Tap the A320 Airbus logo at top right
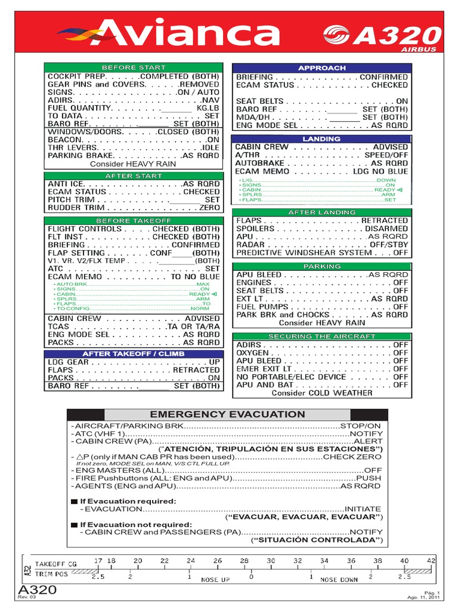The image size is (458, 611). pyautogui.click(x=382, y=37)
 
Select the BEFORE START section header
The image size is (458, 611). pyautogui.click(x=133, y=67)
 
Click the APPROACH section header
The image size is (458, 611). pyautogui.click(x=321, y=68)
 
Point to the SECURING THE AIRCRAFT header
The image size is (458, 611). pyautogui.click(x=321, y=337)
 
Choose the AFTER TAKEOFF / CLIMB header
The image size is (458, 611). pyautogui.click(x=133, y=354)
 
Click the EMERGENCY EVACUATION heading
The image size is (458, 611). pyautogui.click(x=227, y=414)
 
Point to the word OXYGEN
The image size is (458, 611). pyautogui.click(x=252, y=353)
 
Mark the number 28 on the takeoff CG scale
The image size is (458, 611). pyautogui.click(x=244, y=560)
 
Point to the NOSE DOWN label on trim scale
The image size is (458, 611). pyautogui.click(x=339, y=580)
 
